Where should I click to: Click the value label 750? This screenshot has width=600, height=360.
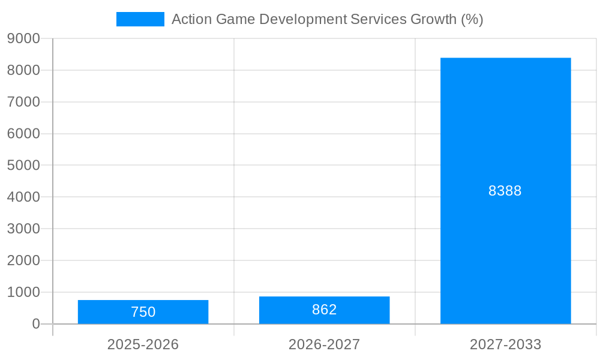[x=143, y=312]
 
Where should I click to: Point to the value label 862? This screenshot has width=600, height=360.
[x=324, y=310]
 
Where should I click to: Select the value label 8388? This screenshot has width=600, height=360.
[x=505, y=191]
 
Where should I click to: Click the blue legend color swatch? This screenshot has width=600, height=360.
[x=140, y=19]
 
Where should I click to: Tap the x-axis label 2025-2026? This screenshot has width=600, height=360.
[x=143, y=344]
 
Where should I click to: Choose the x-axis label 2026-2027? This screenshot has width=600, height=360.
[x=324, y=344]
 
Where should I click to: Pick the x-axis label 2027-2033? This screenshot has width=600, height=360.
[x=505, y=344]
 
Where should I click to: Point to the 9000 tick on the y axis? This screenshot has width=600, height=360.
[x=23, y=38]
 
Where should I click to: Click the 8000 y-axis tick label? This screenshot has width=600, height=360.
[x=23, y=70]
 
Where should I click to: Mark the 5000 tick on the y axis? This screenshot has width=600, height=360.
[x=23, y=166]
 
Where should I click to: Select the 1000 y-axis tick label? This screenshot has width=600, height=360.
[x=23, y=292]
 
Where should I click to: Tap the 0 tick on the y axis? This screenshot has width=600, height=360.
[x=36, y=324]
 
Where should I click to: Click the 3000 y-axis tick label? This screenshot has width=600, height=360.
[x=23, y=229]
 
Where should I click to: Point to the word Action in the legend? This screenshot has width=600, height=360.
[x=191, y=19]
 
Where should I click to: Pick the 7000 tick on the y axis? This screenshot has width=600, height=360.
[x=23, y=102]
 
